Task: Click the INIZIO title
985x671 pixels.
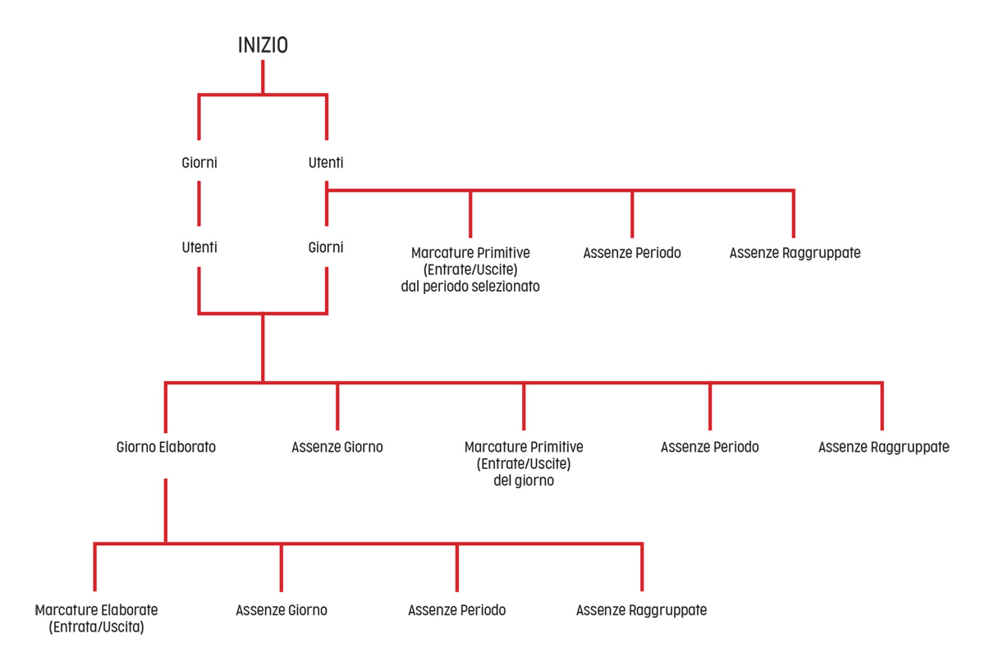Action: point(263,45)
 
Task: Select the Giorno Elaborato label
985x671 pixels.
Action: point(166,447)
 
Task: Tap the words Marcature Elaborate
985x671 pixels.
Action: point(96,610)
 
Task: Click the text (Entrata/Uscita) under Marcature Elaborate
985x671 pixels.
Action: point(96,627)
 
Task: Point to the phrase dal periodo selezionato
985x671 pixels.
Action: point(470,287)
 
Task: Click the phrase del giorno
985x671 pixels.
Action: point(524,480)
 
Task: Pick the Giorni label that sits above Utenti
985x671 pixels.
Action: point(199,163)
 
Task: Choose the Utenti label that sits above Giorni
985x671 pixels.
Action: point(326,163)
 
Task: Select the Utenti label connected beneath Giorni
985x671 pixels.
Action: point(199,247)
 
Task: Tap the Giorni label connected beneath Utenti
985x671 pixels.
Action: point(326,247)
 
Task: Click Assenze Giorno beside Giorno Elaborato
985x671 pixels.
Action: point(337,447)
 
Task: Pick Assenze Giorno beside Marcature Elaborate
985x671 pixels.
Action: point(282,610)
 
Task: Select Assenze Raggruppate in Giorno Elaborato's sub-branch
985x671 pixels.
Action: point(642,610)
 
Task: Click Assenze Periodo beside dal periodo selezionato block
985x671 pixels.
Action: point(632,253)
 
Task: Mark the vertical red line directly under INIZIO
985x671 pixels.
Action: point(263,77)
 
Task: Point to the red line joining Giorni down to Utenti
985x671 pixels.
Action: point(199,204)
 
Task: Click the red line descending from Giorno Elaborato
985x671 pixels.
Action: point(166,511)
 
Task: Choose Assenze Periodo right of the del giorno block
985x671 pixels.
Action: point(710,447)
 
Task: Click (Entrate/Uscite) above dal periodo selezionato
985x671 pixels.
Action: point(470,269)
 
